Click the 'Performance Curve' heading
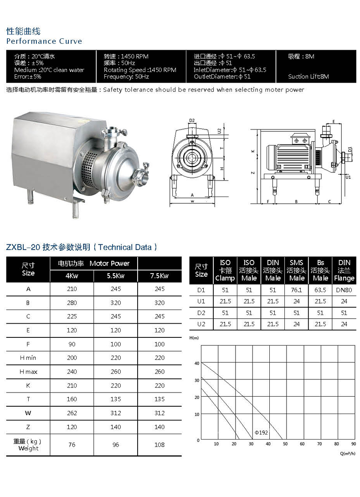pyautogui.click(x=44, y=41)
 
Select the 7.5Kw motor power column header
pyautogui.click(x=159, y=276)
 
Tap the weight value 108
pyautogui.click(x=159, y=445)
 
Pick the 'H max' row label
pyautogui.click(x=28, y=372)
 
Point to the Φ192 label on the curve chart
pyautogui.click(x=261, y=432)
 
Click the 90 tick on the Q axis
pyautogui.click(x=354, y=444)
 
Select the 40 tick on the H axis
pyautogui.click(x=197, y=363)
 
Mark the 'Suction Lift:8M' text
pyautogui.click(x=309, y=77)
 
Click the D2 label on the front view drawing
pyautogui.click(x=192, y=121)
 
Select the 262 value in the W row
pyautogui.click(x=72, y=413)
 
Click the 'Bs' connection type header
pyautogui.click(x=320, y=263)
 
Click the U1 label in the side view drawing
pyautogui.click(x=348, y=177)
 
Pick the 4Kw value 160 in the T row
pyautogui.click(x=72, y=399)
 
